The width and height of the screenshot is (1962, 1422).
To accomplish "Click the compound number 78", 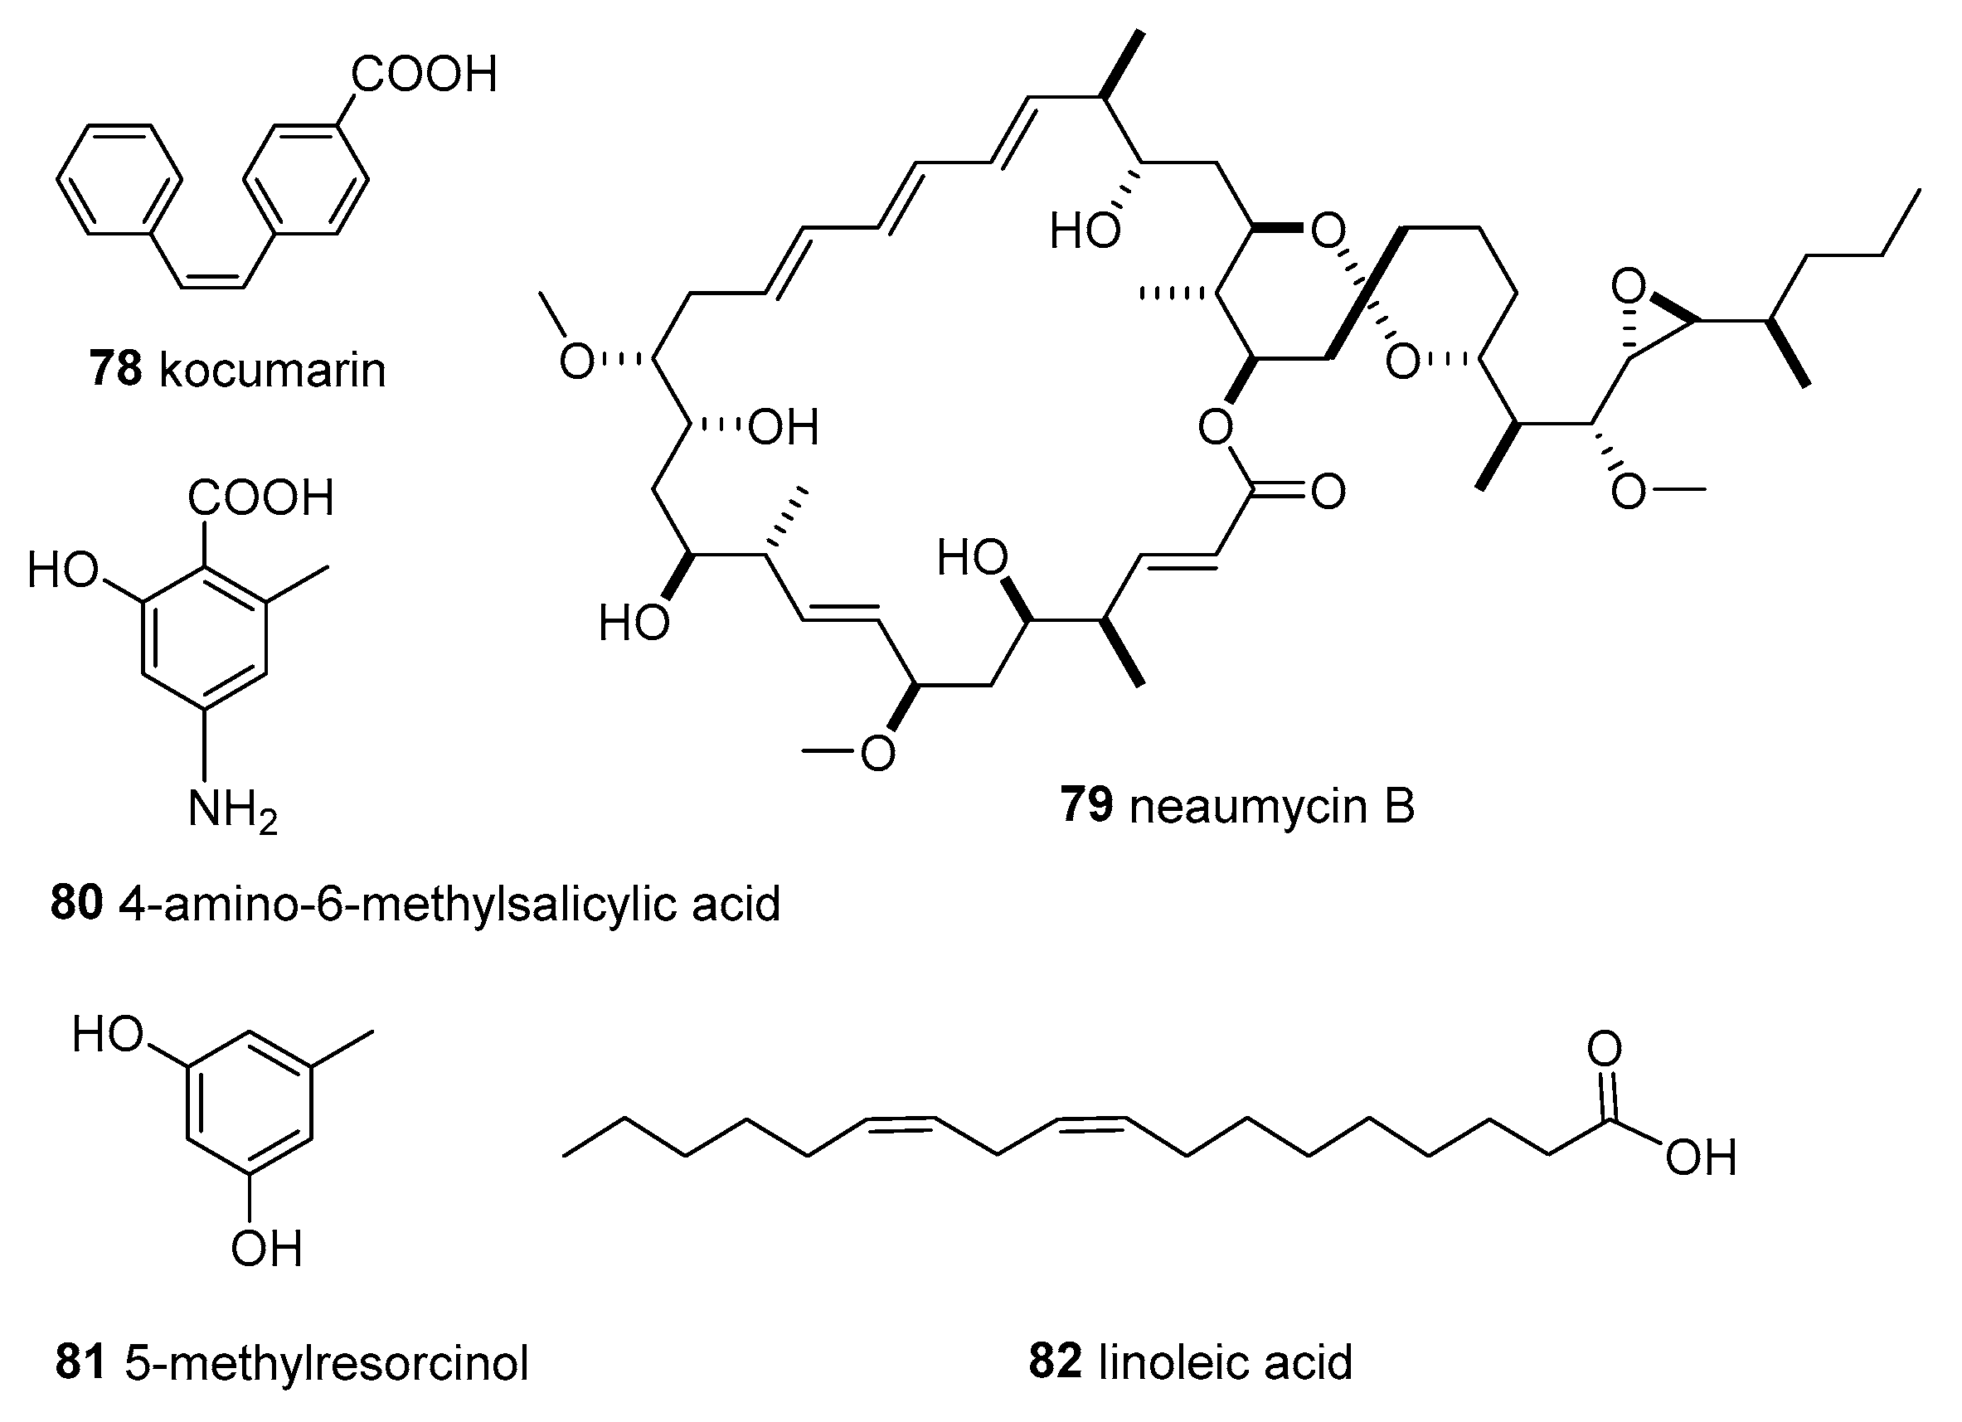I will [x=115, y=369].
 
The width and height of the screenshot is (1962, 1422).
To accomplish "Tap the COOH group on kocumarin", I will [x=424, y=75].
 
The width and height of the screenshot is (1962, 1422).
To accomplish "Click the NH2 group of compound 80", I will [x=232, y=812].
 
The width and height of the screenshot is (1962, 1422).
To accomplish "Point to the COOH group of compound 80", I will [x=260, y=498].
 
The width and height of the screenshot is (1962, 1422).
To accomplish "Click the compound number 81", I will [x=80, y=1362].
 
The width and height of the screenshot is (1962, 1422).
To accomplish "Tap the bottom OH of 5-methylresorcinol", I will [x=265, y=1249].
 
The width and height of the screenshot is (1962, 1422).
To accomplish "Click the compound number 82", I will [x=1055, y=1361].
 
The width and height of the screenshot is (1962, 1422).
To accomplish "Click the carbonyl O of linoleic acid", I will [x=1605, y=1049].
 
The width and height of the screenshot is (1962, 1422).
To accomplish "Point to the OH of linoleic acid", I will [x=1701, y=1158].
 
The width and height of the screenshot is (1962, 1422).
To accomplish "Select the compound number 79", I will [x=1085, y=805].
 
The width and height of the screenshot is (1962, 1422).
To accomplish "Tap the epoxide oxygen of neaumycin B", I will [x=1628, y=285].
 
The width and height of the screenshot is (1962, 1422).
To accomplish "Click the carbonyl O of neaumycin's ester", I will [x=1327, y=493].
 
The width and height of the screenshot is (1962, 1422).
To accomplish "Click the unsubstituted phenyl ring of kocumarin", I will [x=119, y=180].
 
